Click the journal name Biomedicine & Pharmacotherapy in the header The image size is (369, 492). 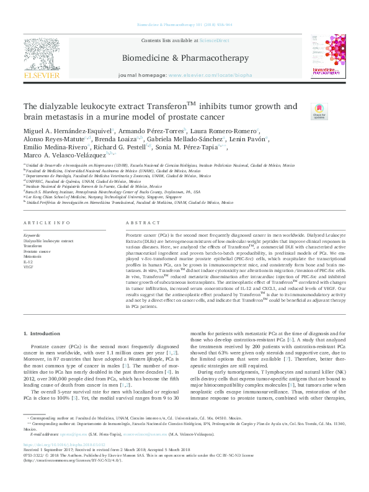(184, 57)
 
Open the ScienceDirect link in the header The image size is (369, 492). (213, 40)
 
